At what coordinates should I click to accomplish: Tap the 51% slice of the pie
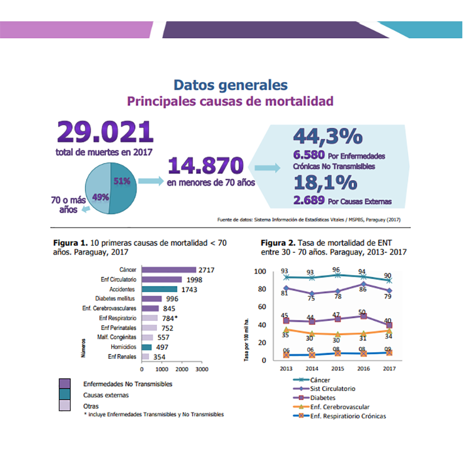tap(122, 184)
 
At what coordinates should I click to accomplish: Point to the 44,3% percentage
tap(328, 136)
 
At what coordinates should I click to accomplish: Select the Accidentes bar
tap(159, 289)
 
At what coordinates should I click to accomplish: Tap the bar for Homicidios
tap(146, 347)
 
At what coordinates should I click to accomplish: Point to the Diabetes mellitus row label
tap(115, 299)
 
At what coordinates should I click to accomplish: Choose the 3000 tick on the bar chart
tap(201, 369)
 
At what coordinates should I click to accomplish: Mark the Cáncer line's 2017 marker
tap(388, 280)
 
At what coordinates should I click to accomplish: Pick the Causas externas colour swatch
tap(65, 395)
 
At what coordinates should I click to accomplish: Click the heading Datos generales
tap(230, 85)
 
